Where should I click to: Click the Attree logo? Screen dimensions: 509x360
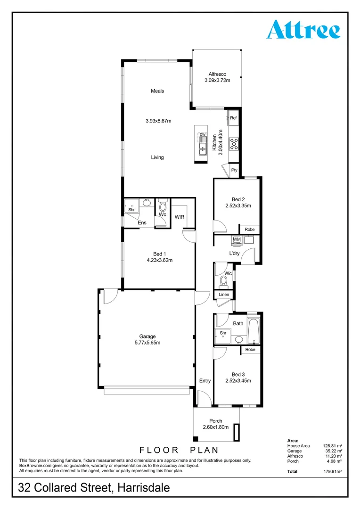click(303, 30)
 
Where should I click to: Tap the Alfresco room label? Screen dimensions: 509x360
click(217, 74)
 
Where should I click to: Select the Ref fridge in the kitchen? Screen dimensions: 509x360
click(233, 118)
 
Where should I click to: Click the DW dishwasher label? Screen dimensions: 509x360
click(203, 135)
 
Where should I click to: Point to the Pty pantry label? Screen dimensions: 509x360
click(234, 171)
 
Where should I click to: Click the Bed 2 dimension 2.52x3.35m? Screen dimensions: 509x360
click(237, 205)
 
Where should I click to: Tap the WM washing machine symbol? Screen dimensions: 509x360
click(237, 240)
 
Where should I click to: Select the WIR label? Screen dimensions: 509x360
click(180, 217)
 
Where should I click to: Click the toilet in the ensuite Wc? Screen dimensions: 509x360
click(163, 206)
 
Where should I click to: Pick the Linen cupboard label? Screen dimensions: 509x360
click(224, 295)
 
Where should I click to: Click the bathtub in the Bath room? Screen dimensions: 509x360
click(254, 332)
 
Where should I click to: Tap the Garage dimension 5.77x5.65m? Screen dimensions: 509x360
click(147, 343)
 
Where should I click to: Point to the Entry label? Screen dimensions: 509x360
click(205, 381)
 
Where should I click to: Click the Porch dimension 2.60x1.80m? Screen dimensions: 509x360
click(215, 427)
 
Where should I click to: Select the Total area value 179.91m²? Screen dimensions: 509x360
click(332, 471)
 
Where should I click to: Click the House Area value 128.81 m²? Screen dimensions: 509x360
click(332, 445)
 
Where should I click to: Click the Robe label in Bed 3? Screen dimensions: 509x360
click(250, 350)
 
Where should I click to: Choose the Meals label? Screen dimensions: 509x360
click(157, 91)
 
